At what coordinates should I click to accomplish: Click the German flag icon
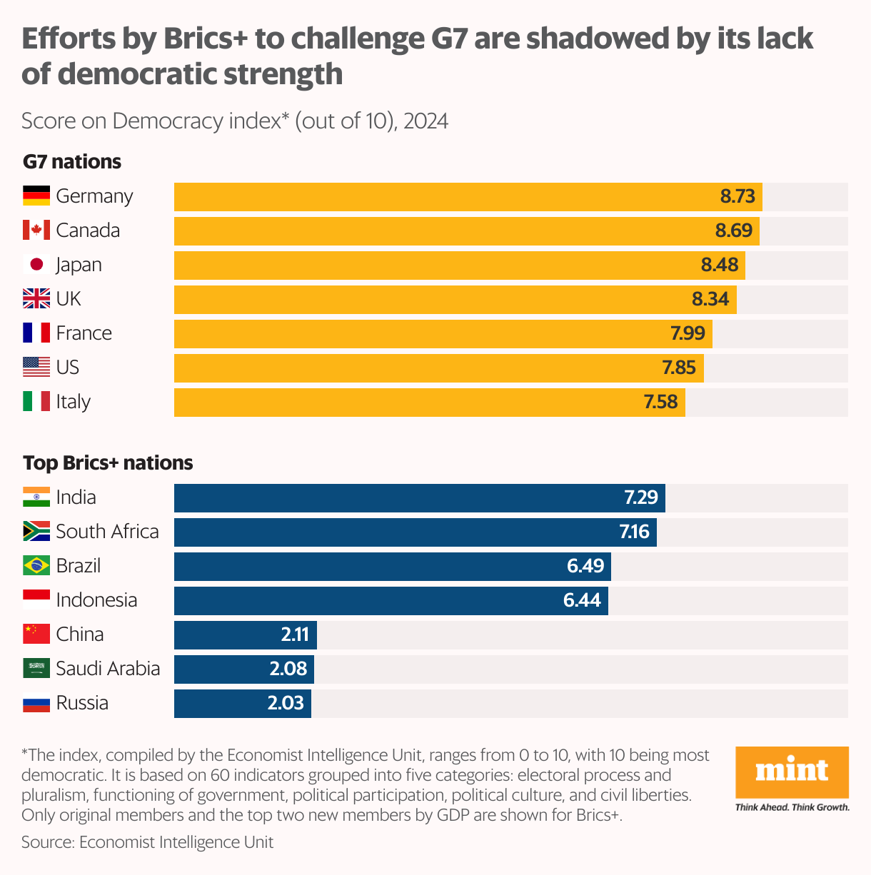click(36, 196)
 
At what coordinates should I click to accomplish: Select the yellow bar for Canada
click(443, 231)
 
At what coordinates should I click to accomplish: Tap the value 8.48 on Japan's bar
click(719, 265)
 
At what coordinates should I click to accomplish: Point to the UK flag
click(36, 298)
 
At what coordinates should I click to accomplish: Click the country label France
click(84, 333)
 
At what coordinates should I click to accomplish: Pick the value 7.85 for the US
click(678, 368)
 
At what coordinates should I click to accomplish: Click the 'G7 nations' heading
click(72, 162)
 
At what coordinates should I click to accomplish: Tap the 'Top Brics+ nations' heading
click(108, 463)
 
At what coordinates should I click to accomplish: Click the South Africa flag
click(36, 531)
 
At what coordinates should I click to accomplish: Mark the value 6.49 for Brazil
click(585, 566)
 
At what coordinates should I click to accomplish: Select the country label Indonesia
click(96, 600)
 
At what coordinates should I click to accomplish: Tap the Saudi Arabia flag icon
click(36, 668)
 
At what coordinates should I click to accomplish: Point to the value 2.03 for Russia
click(286, 703)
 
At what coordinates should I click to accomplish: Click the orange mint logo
click(792, 772)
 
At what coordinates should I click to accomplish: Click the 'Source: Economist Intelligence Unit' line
click(147, 842)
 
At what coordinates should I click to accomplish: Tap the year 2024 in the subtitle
click(426, 121)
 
